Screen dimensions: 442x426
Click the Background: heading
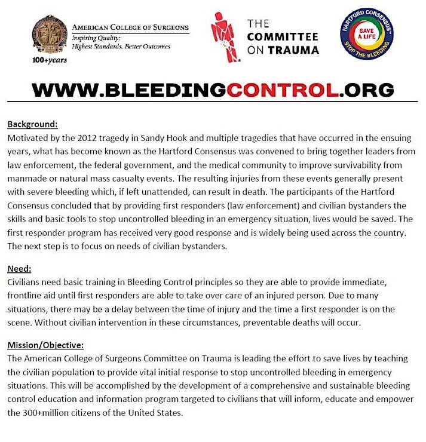pos(32,125)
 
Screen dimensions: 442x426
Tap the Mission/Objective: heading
pos(45,345)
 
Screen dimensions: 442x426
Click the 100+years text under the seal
pos(50,60)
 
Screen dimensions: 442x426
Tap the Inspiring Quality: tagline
pos(96,37)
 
